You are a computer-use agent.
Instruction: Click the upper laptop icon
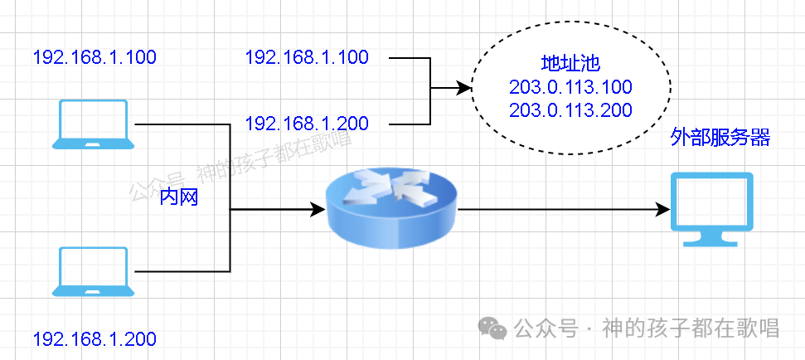[93, 124]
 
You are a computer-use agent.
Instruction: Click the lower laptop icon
[93, 271]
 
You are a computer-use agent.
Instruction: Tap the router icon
[391, 207]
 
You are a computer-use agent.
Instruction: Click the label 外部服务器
[720, 137]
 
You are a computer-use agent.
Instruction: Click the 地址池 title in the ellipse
[570, 65]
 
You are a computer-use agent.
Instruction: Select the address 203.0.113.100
[570, 87]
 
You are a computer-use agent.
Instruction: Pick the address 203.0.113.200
[570, 109]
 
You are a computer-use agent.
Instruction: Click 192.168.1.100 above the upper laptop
[95, 57]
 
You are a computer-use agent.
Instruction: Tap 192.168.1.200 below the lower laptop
[95, 338]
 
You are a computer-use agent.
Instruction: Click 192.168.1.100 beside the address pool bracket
[307, 57]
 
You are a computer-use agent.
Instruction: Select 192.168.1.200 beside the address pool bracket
[307, 124]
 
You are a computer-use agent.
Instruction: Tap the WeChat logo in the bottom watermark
[495, 328]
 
